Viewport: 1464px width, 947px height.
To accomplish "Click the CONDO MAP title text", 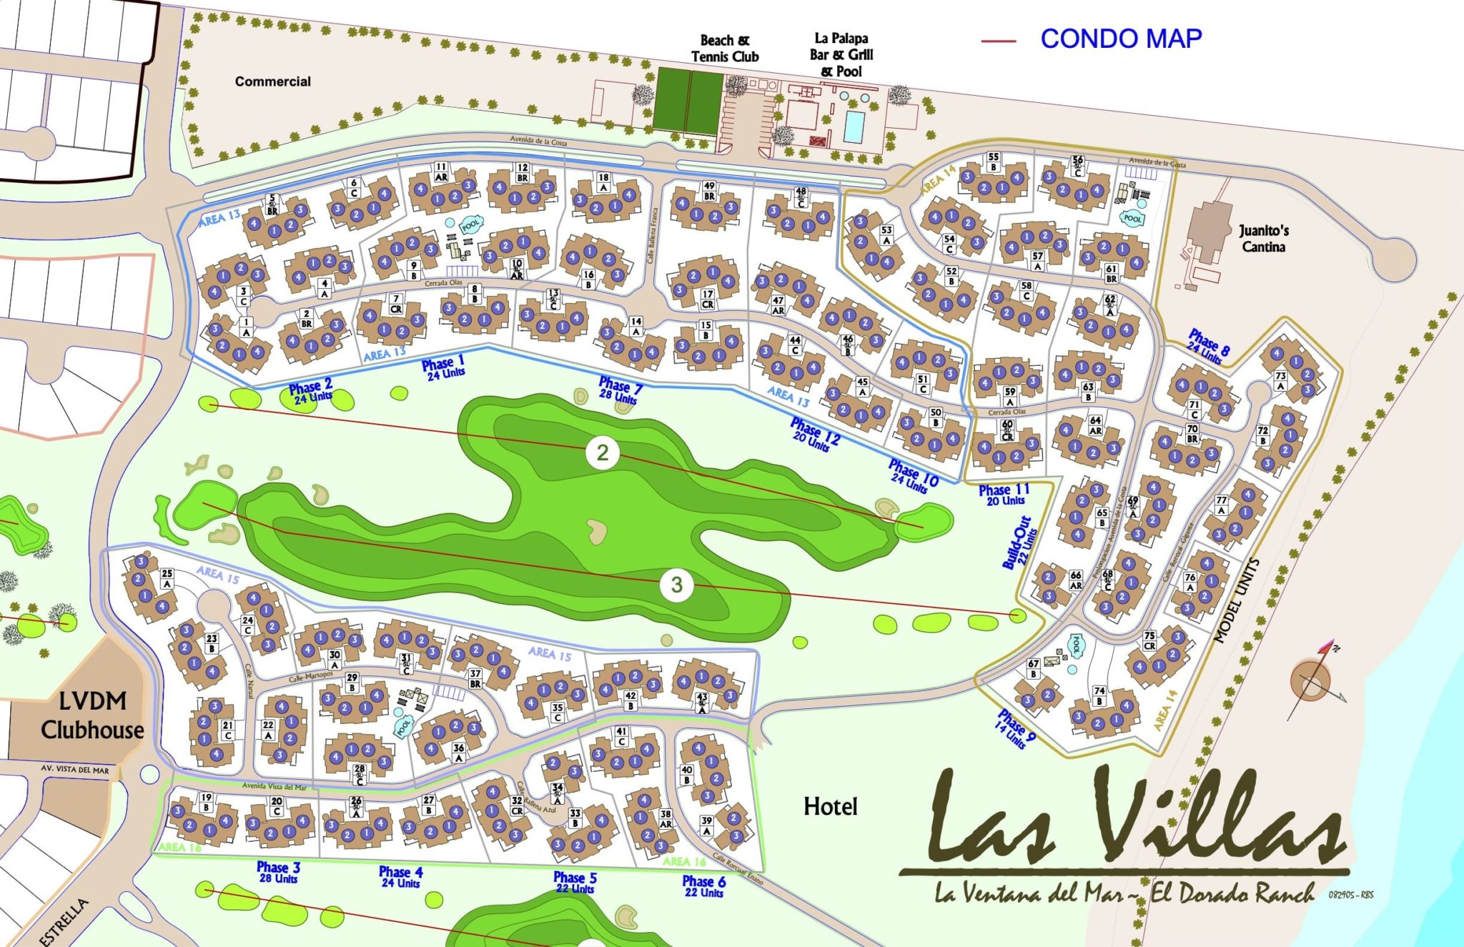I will click(1120, 39).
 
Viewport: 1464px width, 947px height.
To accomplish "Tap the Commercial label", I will click(272, 81).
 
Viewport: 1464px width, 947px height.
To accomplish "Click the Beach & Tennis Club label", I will click(724, 49).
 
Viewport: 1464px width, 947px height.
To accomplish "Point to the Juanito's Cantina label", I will click(1263, 239).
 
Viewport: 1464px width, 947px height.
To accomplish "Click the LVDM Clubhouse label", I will click(92, 715).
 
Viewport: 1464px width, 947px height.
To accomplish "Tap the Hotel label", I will click(830, 807).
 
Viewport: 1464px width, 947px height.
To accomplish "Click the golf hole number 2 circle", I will click(603, 452).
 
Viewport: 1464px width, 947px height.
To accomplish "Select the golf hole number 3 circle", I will click(676, 585).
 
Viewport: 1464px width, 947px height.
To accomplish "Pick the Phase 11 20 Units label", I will click(1004, 495).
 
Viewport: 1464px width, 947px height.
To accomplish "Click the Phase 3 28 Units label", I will click(278, 872).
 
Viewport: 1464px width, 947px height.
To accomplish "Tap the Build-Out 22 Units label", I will click(1020, 542).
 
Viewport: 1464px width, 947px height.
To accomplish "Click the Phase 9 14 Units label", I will click(1014, 729).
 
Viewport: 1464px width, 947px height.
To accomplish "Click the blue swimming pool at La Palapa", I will click(854, 127).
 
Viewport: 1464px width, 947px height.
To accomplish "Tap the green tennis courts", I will click(688, 100).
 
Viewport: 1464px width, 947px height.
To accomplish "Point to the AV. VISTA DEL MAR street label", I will click(75, 770).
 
